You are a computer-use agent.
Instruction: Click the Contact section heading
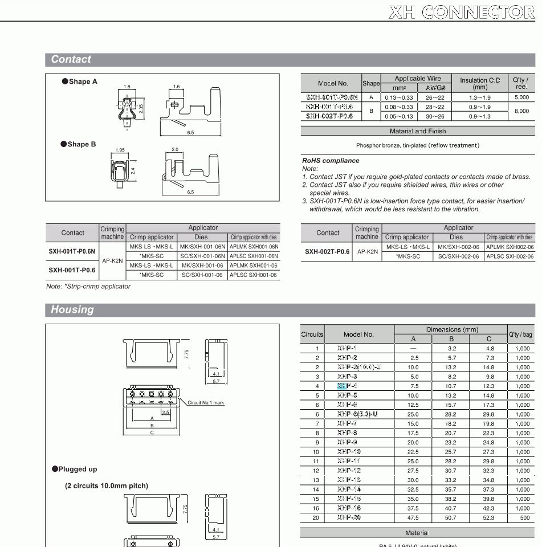[x=71, y=59]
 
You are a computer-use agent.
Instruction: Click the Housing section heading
[x=72, y=310]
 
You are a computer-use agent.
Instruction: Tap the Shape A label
[x=80, y=81]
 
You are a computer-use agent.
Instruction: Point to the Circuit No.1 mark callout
[x=206, y=403]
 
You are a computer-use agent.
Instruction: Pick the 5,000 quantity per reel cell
[x=521, y=97]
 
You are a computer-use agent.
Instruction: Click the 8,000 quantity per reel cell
[x=521, y=111]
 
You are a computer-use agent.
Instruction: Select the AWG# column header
[x=435, y=88]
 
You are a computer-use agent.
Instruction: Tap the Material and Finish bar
[x=418, y=131]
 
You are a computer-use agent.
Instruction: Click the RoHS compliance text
[x=331, y=161]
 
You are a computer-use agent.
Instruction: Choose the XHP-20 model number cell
[x=349, y=517]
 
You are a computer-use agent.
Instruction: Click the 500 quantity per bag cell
[x=523, y=517]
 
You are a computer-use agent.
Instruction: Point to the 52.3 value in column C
[x=488, y=517]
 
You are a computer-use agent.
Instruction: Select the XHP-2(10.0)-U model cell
[x=358, y=367]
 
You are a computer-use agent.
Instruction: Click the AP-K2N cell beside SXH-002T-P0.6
[x=366, y=251]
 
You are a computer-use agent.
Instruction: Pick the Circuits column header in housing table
[x=312, y=334]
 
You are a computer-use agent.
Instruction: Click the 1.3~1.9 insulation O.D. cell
[x=480, y=97]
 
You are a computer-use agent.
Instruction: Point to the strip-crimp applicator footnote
[x=88, y=286]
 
